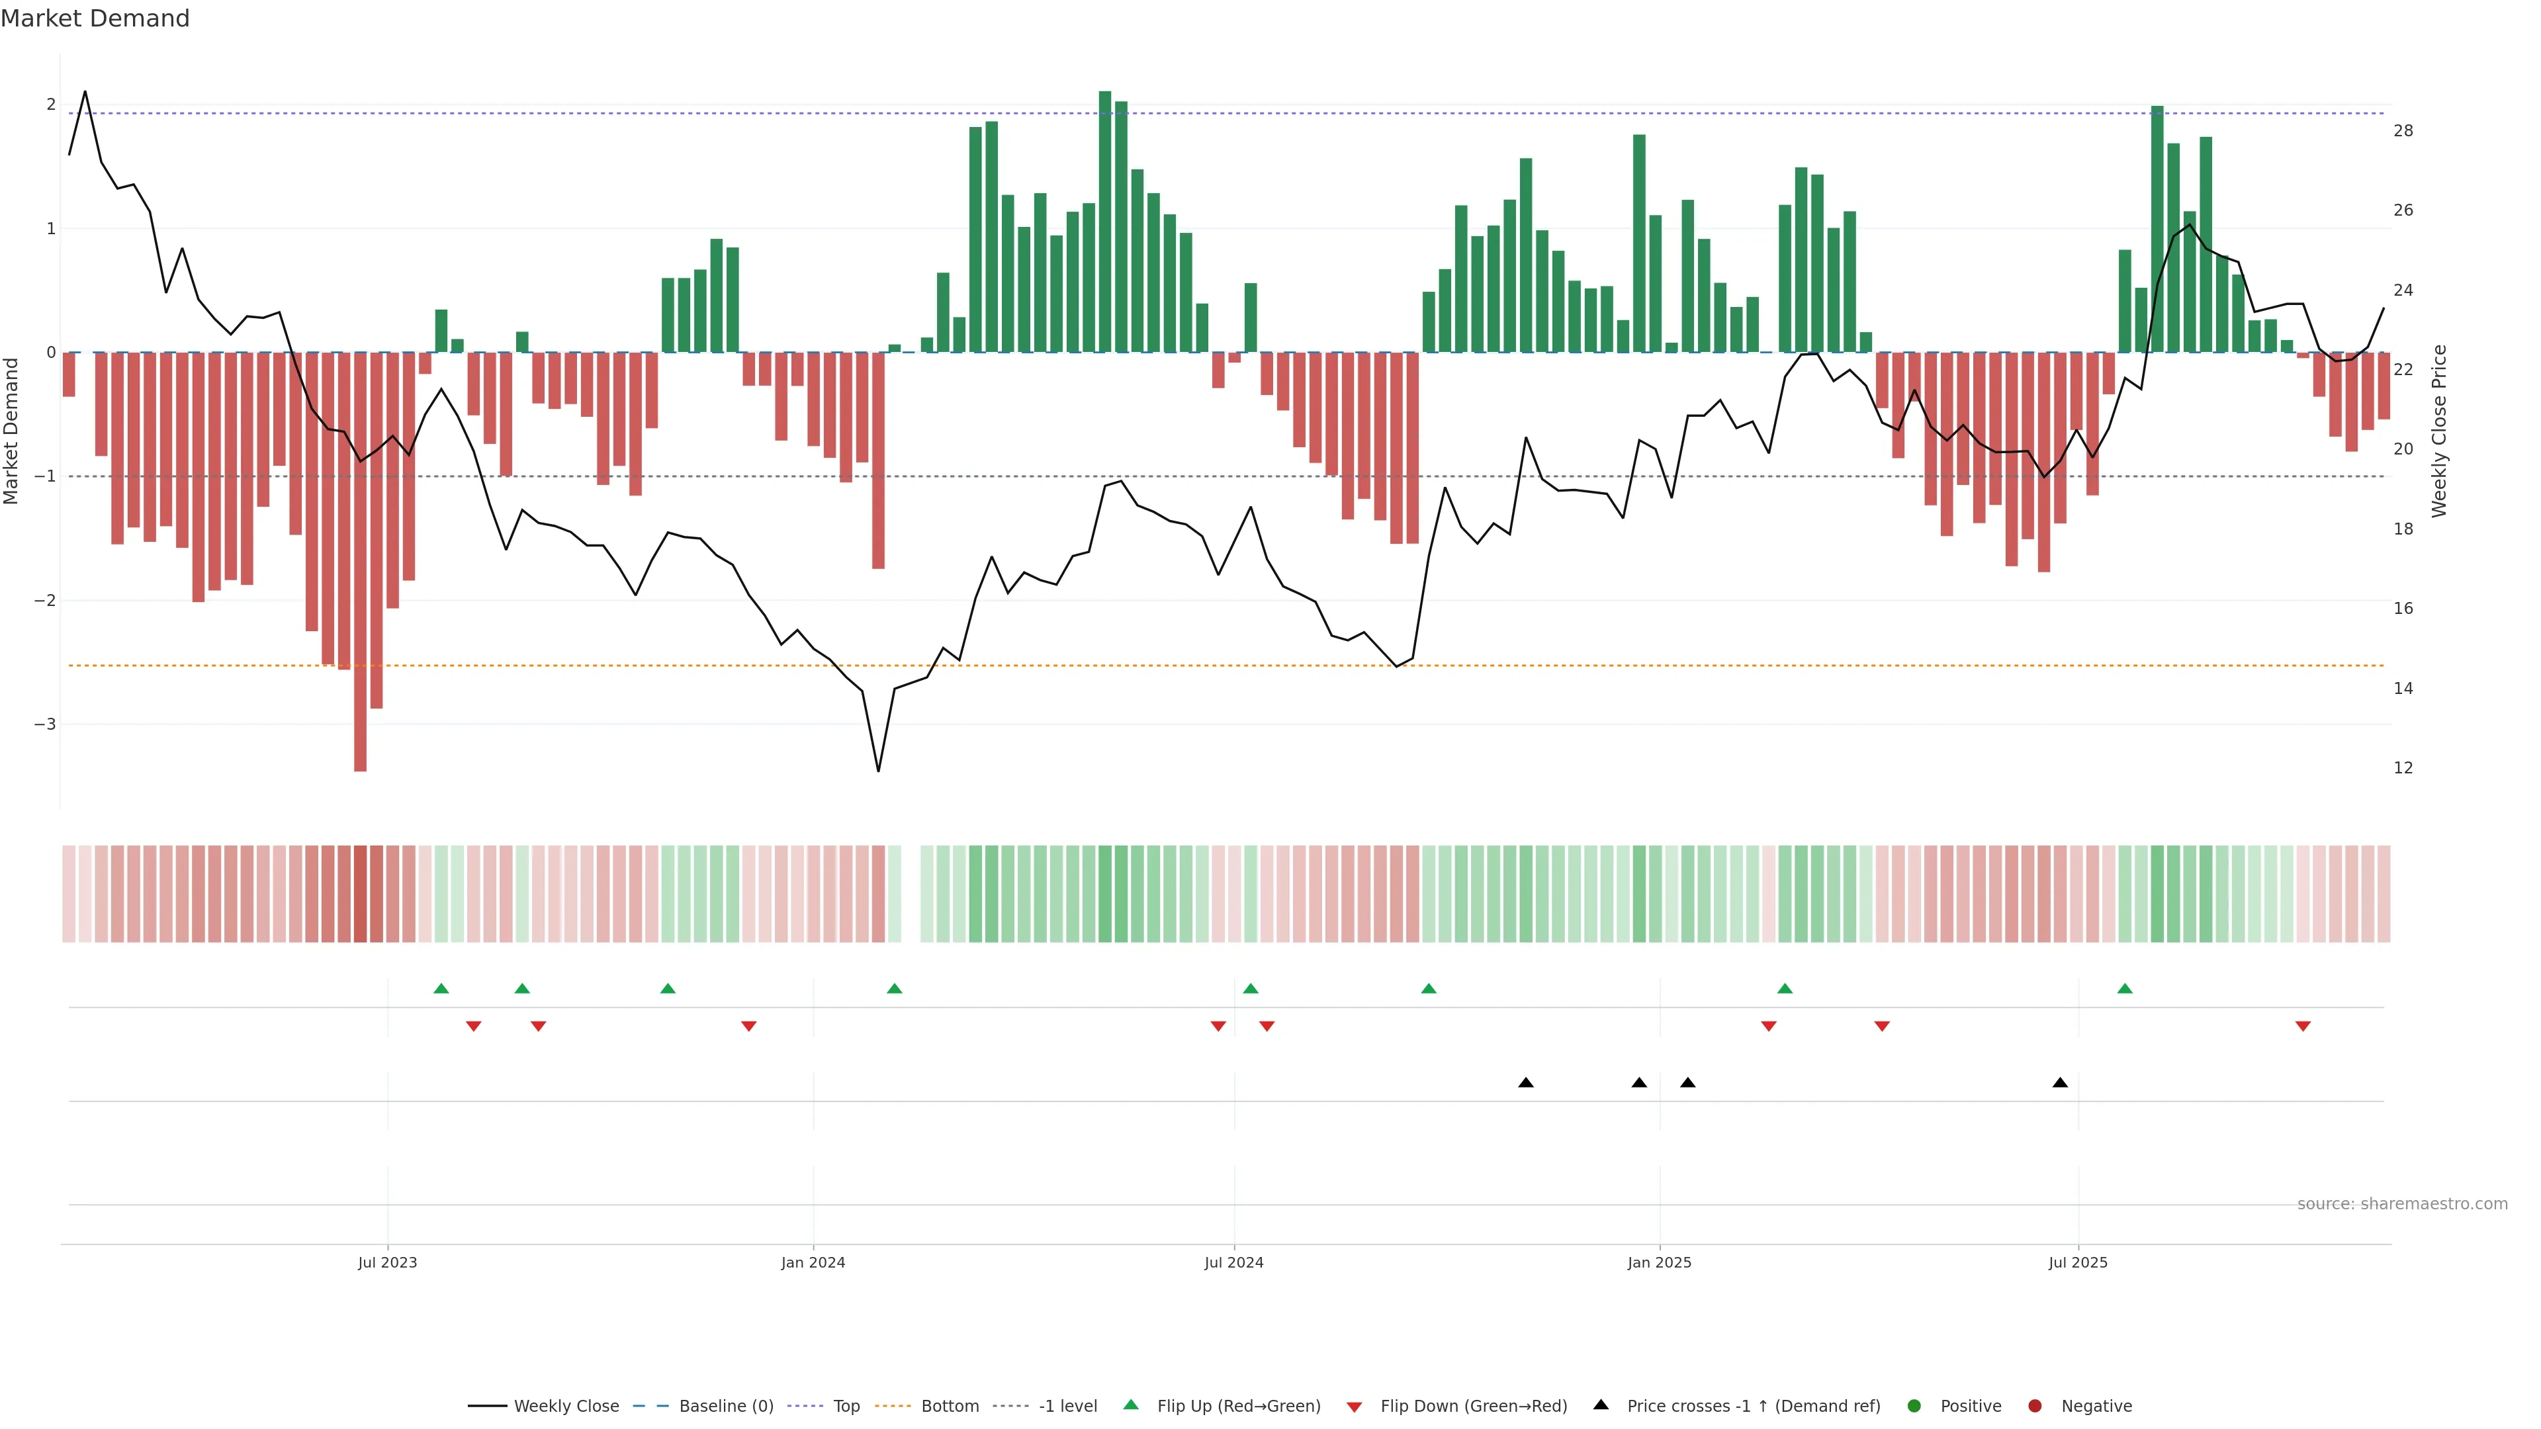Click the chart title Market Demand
(x=95, y=19)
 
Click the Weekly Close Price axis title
(x=2439, y=431)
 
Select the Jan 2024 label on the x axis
(x=813, y=1262)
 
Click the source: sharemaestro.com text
(x=2402, y=1204)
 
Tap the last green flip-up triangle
(x=2125, y=988)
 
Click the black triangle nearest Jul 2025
(x=2060, y=1083)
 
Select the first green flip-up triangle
(x=441, y=988)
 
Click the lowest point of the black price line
(x=878, y=770)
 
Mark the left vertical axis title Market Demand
(x=11, y=431)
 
